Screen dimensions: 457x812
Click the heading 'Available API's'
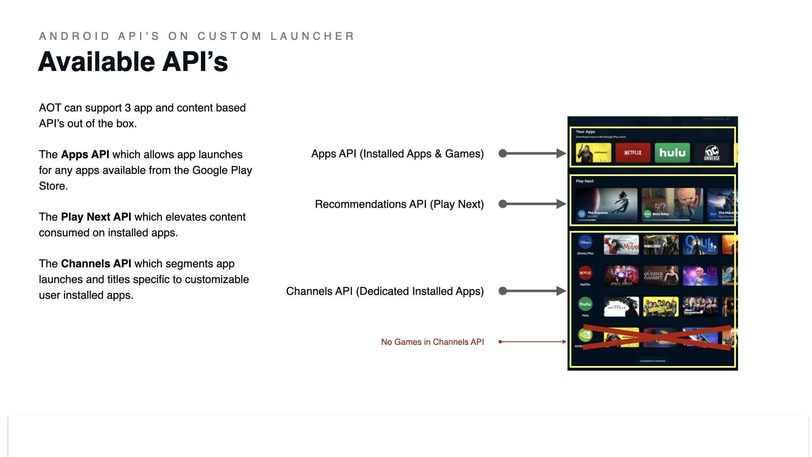[133, 62]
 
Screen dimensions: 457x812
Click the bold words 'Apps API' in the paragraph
[85, 154]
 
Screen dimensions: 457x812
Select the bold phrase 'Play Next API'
[96, 217]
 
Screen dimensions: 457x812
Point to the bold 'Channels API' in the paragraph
[96, 264]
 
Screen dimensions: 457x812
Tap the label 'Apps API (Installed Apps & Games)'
[397, 154]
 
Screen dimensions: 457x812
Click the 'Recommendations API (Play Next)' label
[399, 204]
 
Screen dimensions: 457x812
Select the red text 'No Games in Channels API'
[432, 342]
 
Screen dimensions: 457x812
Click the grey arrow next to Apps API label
[532, 153]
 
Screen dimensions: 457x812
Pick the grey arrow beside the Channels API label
[532, 291]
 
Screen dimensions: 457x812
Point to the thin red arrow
[532, 341]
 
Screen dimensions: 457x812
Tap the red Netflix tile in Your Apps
[633, 153]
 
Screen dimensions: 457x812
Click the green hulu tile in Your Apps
[672, 153]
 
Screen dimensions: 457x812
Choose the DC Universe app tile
[712, 153]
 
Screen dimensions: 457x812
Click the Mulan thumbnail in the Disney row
[621, 245]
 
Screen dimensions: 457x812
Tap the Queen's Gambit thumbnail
[661, 275]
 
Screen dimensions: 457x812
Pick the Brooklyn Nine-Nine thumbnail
[661, 306]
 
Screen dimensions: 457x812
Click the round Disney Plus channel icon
[585, 242]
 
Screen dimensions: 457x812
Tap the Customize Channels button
[653, 361]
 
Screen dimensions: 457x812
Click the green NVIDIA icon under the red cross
[585, 336]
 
